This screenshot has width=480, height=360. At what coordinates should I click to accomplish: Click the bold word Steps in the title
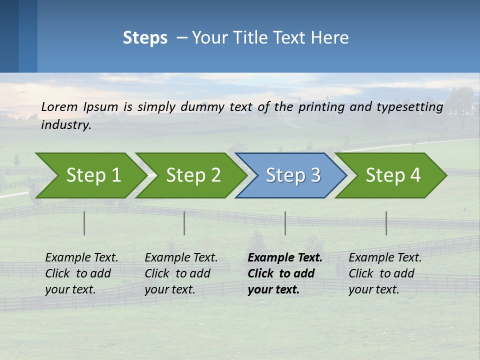145,38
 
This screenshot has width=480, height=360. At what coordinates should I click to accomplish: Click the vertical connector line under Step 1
84,223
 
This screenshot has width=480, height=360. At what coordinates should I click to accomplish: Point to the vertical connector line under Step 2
184,223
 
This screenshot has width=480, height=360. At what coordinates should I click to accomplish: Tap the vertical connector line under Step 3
285,223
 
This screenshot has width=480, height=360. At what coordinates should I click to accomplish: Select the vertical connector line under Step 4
386,223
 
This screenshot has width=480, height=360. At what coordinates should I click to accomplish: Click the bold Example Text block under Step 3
285,273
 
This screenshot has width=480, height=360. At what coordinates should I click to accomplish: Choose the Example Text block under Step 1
81,273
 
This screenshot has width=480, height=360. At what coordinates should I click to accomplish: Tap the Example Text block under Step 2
181,273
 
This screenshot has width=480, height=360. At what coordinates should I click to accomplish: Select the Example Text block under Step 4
385,273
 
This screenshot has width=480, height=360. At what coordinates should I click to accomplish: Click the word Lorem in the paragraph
59,106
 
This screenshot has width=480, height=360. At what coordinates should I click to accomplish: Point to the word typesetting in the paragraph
413,107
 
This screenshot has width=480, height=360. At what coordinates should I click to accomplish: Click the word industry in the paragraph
66,125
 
